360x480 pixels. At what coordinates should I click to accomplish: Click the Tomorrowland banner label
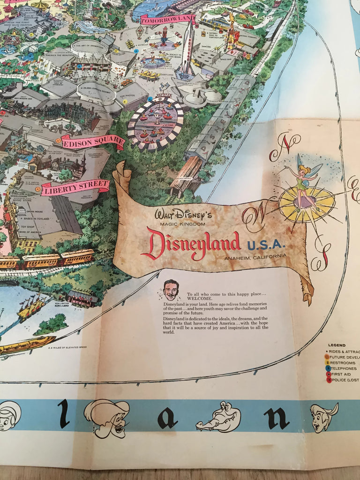tap(167, 20)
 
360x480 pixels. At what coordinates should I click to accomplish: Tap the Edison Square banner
tap(93, 142)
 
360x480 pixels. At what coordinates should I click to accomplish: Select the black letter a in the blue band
tap(167, 418)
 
